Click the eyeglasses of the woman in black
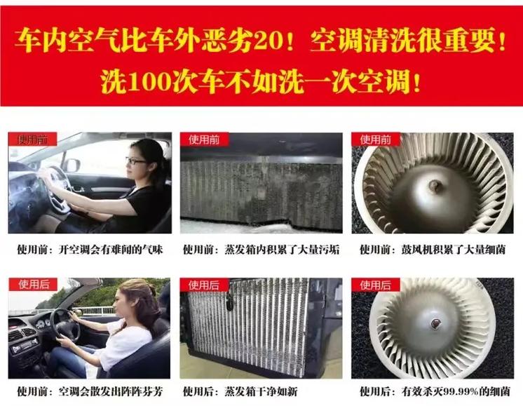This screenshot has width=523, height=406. [137, 161]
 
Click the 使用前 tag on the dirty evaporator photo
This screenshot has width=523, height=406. [204, 140]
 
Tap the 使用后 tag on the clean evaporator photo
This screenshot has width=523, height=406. [204, 285]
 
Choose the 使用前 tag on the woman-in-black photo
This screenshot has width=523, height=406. [33, 140]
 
